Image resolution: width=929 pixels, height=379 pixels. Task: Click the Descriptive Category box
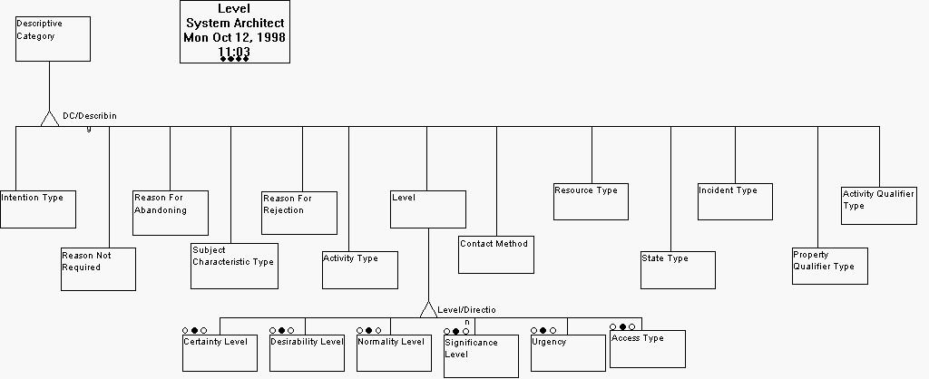[53, 39]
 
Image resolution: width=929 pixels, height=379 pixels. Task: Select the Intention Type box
[37, 209]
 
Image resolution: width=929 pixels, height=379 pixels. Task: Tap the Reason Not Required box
[98, 268]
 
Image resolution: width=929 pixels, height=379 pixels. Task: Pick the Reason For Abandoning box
[171, 212]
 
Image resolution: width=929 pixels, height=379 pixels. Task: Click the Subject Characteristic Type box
[234, 266]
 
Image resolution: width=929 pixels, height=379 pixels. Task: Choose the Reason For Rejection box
[299, 213]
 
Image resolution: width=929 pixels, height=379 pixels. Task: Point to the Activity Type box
[360, 270]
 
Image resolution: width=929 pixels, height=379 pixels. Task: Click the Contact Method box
[496, 255]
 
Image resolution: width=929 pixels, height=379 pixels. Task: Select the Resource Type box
[591, 201]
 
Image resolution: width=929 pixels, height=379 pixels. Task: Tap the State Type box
[678, 270]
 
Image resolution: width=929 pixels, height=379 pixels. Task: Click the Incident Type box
[735, 201]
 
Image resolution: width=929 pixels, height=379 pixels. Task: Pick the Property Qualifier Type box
[829, 266]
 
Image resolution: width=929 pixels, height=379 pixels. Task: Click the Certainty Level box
[220, 353]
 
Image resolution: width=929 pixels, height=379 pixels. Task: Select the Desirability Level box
[307, 353]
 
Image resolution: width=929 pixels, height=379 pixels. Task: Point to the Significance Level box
[481, 355]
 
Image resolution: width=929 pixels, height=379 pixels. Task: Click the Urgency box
[568, 353]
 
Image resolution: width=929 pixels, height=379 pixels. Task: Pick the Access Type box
[647, 348]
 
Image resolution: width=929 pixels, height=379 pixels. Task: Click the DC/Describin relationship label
[89, 117]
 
